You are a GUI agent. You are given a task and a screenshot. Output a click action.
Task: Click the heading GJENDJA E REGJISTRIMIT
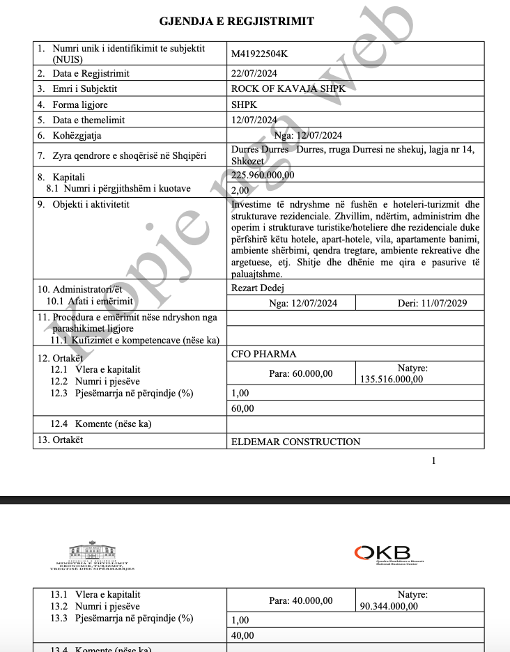[237, 22]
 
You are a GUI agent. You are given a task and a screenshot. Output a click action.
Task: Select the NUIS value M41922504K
[258, 53]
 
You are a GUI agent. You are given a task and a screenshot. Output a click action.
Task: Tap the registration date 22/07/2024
[254, 73]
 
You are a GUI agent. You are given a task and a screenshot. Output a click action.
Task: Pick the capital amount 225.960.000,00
[263, 175]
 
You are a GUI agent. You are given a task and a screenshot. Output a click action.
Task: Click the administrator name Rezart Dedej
[257, 288]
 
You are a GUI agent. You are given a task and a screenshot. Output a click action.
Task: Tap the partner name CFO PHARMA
[263, 354]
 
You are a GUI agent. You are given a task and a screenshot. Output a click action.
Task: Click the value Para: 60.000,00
[300, 374]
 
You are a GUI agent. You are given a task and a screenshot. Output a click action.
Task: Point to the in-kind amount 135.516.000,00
[392, 380]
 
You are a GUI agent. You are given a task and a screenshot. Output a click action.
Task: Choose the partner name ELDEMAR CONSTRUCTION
[295, 442]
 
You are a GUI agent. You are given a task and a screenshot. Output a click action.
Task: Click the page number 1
[434, 460]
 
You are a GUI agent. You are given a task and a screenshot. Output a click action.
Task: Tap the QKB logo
[382, 553]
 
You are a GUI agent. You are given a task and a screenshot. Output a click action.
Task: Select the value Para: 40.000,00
[300, 600]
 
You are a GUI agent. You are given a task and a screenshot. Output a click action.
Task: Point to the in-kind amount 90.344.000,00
[389, 606]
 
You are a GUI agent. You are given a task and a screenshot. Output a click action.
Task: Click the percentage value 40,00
[242, 635]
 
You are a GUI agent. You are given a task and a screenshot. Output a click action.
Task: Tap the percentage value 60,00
[242, 409]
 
